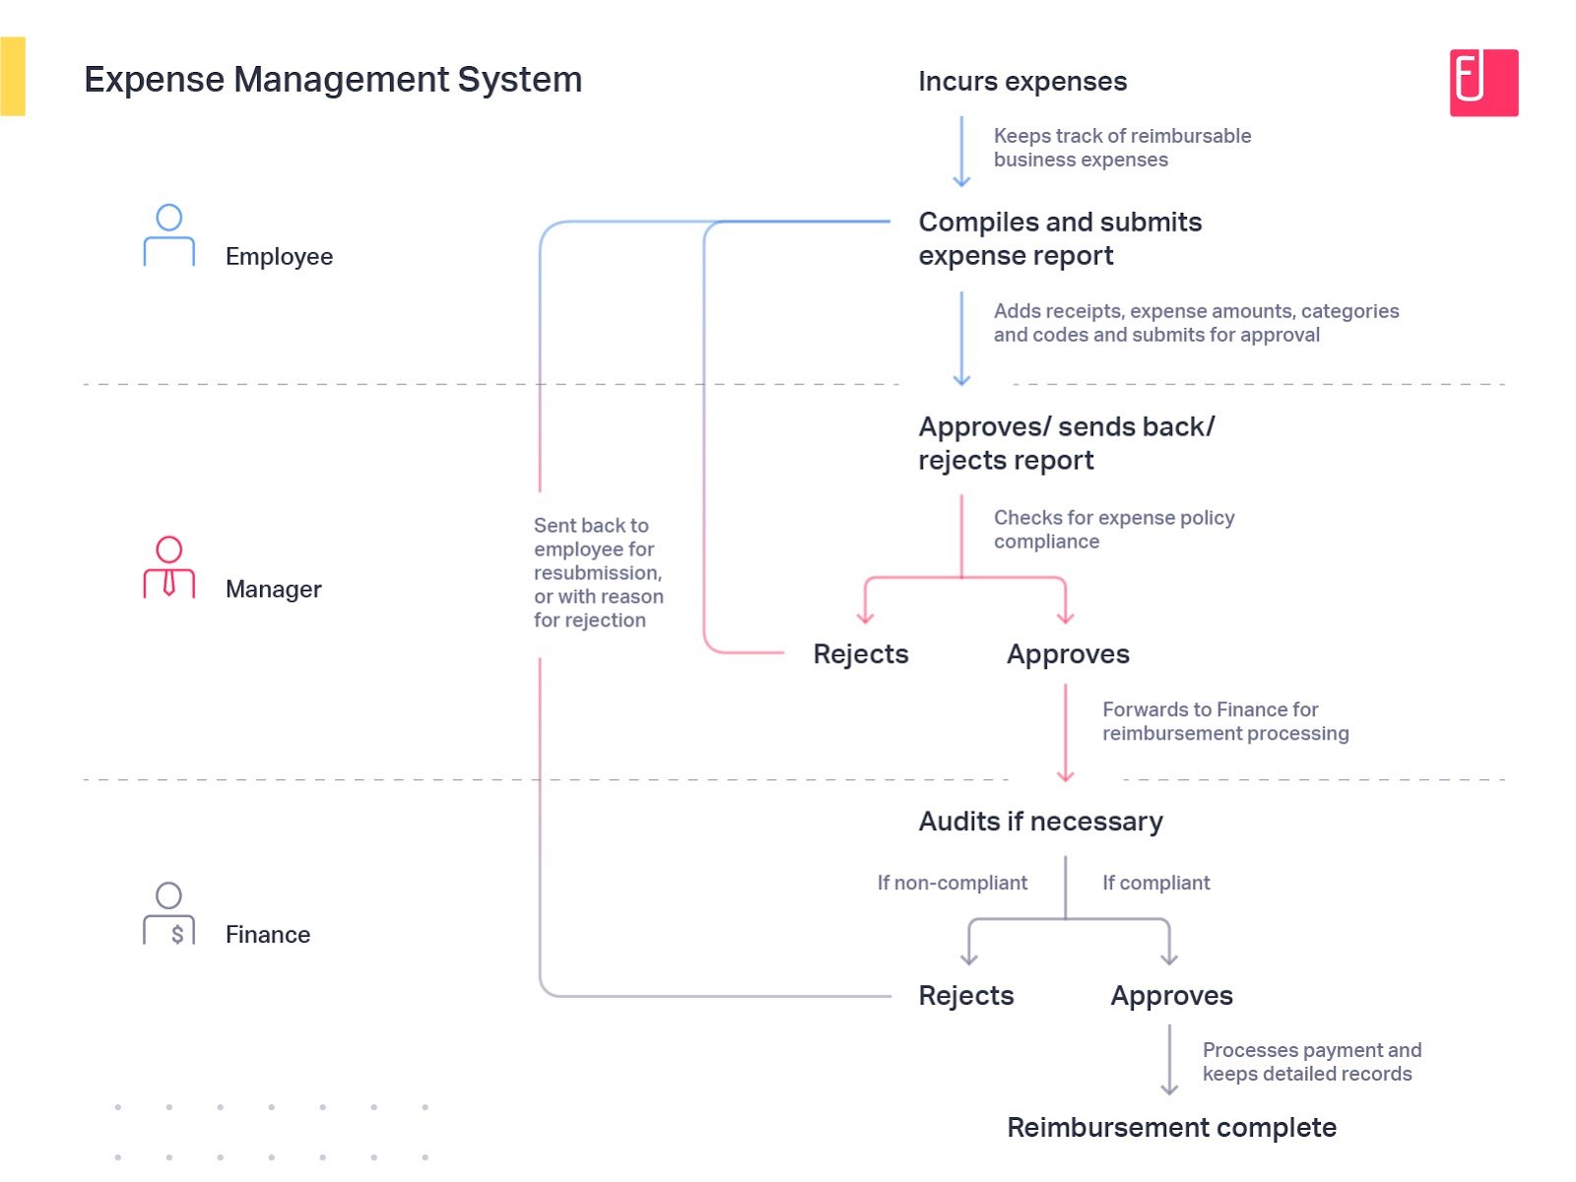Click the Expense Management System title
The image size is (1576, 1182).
pos(333,80)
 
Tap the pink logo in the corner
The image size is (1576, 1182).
pos(1482,83)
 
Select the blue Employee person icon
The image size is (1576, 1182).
pos(169,235)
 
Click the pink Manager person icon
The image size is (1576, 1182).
pos(169,567)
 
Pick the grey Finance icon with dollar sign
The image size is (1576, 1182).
pos(169,913)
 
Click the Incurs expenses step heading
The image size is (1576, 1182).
pos(1021,82)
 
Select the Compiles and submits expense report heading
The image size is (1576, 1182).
pos(1059,238)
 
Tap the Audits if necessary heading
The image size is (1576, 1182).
pos(1040,821)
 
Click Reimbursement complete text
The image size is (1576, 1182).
pos(1170,1128)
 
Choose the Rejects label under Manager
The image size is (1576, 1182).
pos(860,654)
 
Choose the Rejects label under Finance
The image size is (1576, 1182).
pos(965,996)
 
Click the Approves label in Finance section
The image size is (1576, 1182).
pos(1171,996)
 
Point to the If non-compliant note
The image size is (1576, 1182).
pos(952,884)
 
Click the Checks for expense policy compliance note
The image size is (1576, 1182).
pos(1113,530)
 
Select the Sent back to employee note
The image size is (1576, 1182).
pos(598,572)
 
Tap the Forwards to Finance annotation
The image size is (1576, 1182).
pos(1224,722)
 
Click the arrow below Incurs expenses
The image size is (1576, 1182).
pos(961,153)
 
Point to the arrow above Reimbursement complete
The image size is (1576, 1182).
pos(1169,1060)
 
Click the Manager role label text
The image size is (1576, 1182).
pos(273,589)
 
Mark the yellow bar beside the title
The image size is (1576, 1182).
pos(13,77)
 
